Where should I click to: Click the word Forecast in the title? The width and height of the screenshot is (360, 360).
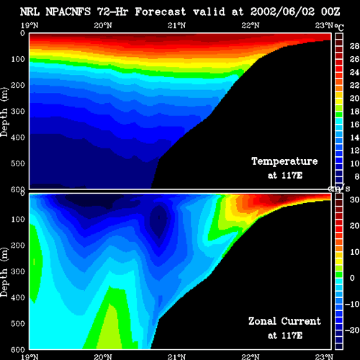(161, 12)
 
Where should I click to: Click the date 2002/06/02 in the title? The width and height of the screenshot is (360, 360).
(282, 12)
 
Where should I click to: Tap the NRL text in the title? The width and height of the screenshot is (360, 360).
(30, 12)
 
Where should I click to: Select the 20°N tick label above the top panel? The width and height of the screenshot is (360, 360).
(103, 25)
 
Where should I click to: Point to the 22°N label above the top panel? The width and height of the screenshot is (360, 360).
(251, 25)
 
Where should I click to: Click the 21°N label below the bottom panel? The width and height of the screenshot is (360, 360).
(176, 356)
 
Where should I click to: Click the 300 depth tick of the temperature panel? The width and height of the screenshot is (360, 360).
(18, 112)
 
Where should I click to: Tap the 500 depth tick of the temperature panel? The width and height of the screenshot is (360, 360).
(18, 163)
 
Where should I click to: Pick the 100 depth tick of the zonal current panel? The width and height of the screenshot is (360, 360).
(18, 219)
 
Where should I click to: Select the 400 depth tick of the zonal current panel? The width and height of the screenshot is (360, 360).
(18, 297)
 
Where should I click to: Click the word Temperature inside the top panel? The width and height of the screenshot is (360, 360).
(284, 161)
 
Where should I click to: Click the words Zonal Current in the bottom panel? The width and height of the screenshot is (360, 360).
(284, 321)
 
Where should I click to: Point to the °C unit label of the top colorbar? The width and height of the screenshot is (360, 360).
(339, 27)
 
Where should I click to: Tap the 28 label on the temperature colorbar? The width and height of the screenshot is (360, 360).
(354, 46)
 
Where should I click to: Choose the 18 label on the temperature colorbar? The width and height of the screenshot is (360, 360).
(354, 112)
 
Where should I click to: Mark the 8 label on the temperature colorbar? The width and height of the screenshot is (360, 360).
(357, 176)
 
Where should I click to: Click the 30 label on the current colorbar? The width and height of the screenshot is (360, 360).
(354, 199)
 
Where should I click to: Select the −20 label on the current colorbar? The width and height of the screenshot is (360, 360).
(352, 330)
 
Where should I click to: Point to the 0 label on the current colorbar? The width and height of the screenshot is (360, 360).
(352, 278)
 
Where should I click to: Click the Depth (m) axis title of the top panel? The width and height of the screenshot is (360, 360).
(4, 112)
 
